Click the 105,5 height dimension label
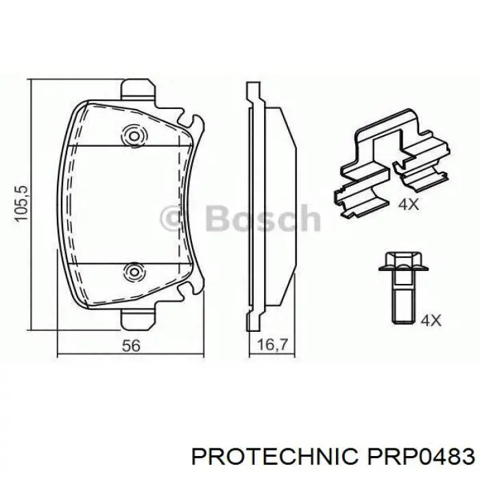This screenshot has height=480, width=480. pyautogui.click(x=23, y=202)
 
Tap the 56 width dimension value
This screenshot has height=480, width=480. pyautogui.click(x=131, y=346)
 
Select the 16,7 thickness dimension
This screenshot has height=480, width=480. pyautogui.click(x=269, y=346)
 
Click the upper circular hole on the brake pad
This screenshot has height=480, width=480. pyautogui.click(x=131, y=135)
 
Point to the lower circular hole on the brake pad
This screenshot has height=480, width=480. pyautogui.click(x=131, y=272)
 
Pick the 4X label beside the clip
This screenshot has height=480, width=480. pyautogui.click(x=407, y=204)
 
